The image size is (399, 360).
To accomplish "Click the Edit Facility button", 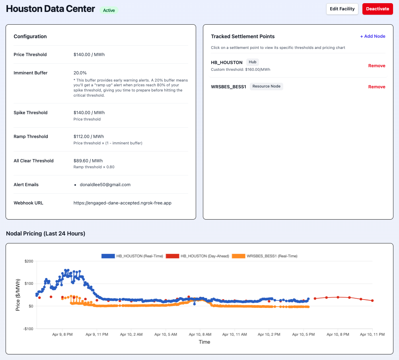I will tap(342, 9).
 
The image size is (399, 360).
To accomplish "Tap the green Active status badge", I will tap(109, 10).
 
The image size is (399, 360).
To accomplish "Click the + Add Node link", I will tap(372, 36).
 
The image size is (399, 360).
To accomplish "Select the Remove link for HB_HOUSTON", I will tap(376, 66).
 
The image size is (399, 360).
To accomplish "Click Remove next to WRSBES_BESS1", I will tap(376, 87).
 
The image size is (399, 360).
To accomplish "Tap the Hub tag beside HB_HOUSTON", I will tap(253, 62).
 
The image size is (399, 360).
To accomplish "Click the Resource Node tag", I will tap(266, 86).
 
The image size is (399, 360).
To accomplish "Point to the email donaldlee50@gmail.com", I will tap(105, 185).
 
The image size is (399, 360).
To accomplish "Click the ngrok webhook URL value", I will tap(122, 203).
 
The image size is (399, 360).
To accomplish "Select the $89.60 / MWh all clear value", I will tap(88, 161).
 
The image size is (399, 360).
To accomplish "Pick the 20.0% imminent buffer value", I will tap(80, 73).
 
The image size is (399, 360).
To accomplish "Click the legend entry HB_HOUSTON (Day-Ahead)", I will tap(198, 256).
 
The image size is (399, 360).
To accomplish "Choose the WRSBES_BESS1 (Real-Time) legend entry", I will tap(265, 256).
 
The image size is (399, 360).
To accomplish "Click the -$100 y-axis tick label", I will tap(29, 329).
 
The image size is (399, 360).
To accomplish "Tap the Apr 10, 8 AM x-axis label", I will tap(200, 335).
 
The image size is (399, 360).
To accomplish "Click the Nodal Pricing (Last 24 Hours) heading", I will tap(45, 234).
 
